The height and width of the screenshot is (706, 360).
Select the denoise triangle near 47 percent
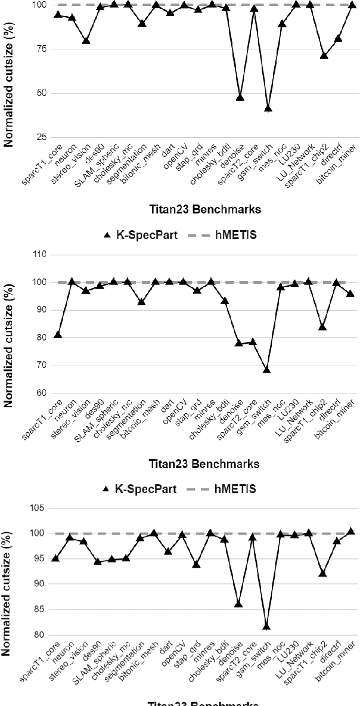pyautogui.click(x=240, y=97)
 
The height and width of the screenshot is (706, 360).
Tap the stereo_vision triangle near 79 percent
pyautogui.click(x=86, y=41)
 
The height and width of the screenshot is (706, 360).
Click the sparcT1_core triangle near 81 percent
pyautogui.click(x=58, y=335)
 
